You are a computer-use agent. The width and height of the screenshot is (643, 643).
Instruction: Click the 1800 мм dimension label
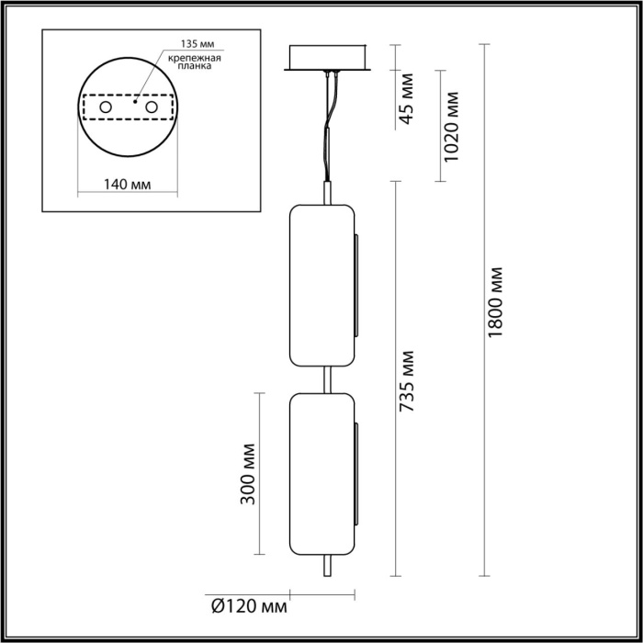[496, 302]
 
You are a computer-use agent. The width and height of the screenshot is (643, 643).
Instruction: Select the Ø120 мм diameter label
[249, 606]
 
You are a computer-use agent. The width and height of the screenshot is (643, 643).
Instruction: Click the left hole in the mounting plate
[106, 109]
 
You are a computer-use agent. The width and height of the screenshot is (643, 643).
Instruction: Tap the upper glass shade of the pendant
[322, 284]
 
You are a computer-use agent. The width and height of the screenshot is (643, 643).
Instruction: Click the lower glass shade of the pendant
[322, 473]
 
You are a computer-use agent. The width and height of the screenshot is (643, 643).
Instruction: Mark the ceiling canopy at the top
[328, 58]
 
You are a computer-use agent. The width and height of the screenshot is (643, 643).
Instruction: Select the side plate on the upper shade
[356, 285]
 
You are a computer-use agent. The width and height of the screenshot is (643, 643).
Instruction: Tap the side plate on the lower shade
[356, 474]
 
